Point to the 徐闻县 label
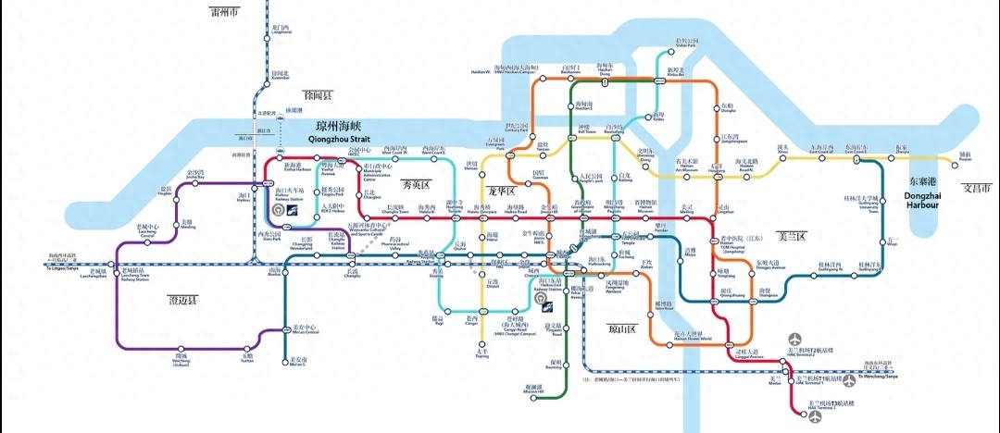(317, 95)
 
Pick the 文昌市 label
(976, 188)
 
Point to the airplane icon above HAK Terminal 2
(794, 341)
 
